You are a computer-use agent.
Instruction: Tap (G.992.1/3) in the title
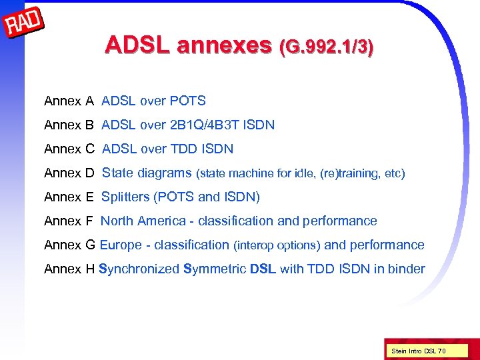pyautogui.click(x=327, y=46)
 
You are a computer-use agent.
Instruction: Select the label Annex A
pyautogui.click(x=69, y=101)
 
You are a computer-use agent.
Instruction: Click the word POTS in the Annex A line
pyautogui.click(x=188, y=101)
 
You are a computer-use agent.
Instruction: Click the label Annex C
pyautogui.click(x=69, y=149)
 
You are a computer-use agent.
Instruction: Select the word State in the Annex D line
pyautogui.click(x=118, y=173)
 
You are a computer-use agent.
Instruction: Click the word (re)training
pyautogui.click(x=346, y=174)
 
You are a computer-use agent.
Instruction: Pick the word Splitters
pyautogui.click(x=125, y=197)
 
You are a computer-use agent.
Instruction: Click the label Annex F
pyautogui.click(x=69, y=221)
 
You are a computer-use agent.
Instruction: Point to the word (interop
pyautogui.click(x=253, y=246)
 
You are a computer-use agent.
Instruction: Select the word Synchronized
pyautogui.click(x=139, y=269)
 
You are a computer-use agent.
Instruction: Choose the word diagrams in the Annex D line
pyautogui.click(x=165, y=173)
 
